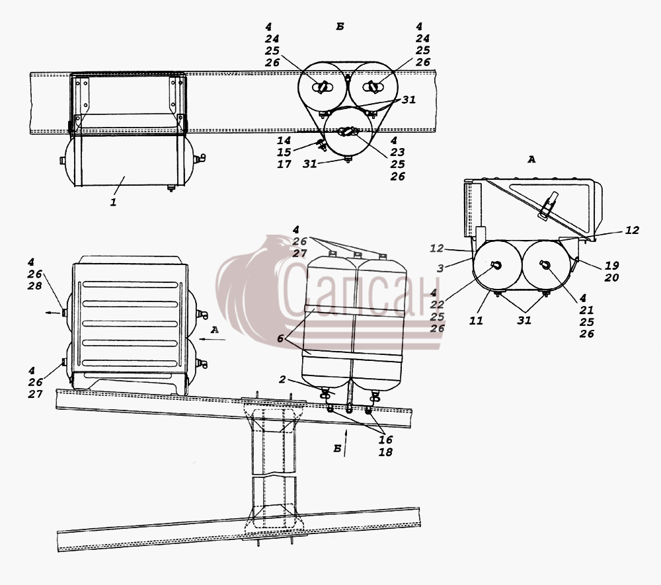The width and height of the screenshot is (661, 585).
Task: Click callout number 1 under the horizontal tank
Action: pos(113,202)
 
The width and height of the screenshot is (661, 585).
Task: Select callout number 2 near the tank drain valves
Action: pos(282,379)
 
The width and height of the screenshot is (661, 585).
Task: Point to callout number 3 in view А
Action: pos(440,268)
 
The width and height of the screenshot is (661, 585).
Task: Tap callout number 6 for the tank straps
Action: pos(280,338)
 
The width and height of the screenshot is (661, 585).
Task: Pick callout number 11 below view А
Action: pos(476,321)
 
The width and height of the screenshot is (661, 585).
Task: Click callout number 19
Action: pos(611,266)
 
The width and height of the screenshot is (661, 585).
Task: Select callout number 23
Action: pos(397,152)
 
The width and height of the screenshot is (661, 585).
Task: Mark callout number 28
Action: pos(35,286)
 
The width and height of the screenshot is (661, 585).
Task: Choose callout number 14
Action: pos(284,140)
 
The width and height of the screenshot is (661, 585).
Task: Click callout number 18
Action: pos(385,452)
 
